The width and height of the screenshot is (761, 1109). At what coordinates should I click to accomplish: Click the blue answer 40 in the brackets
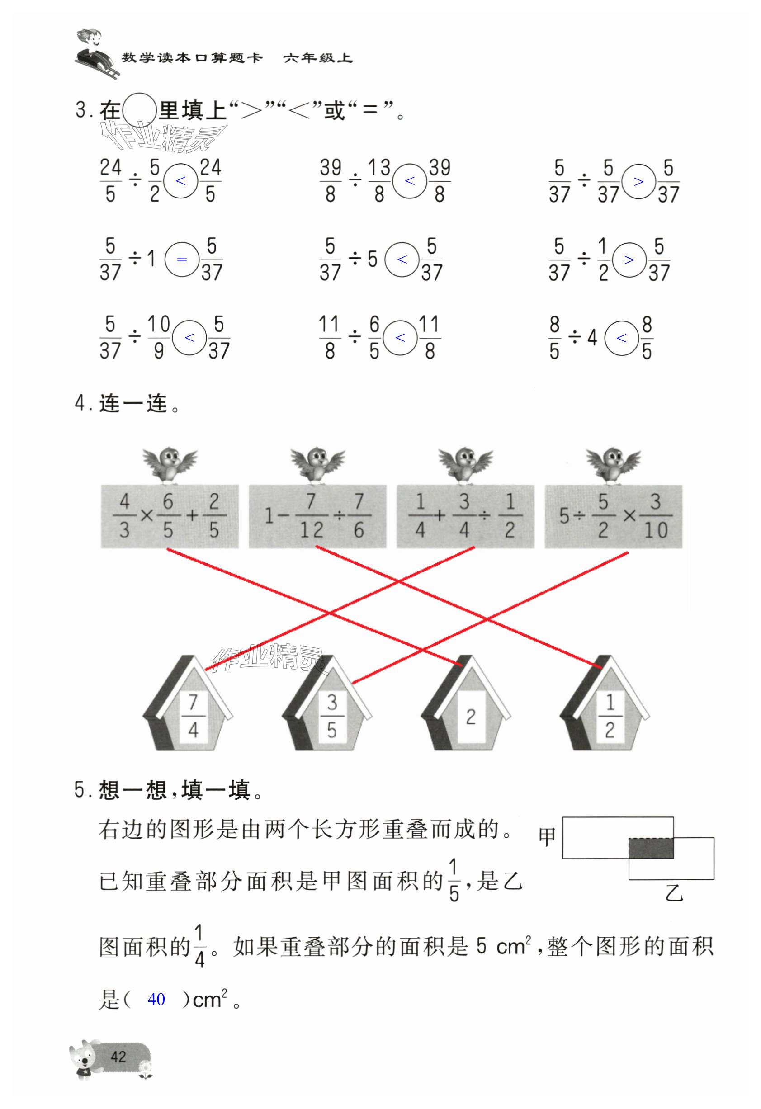(x=156, y=999)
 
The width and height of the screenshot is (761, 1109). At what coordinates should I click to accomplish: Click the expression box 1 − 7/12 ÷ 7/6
(x=317, y=516)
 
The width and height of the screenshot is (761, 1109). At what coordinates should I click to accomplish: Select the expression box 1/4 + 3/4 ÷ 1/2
(x=465, y=516)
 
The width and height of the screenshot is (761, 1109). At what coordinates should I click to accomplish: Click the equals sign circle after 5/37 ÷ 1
(x=181, y=260)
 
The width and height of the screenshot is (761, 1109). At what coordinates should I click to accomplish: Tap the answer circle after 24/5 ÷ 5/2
(x=180, y=181)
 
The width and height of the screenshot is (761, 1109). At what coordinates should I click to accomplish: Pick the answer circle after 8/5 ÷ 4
(x=621, y=338)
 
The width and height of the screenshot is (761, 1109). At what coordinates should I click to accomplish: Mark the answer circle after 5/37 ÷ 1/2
(x=629, y=260)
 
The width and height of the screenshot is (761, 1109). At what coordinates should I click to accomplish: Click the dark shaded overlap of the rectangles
(x=651, y=848)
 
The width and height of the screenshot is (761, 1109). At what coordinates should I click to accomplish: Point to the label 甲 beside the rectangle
(x=547, y=837)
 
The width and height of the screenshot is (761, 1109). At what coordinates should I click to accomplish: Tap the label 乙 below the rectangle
(x=674, y=892)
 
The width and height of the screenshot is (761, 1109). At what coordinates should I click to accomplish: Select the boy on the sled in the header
(x=95, y=52)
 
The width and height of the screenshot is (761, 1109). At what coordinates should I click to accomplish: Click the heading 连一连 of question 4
(x=133, y=404)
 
